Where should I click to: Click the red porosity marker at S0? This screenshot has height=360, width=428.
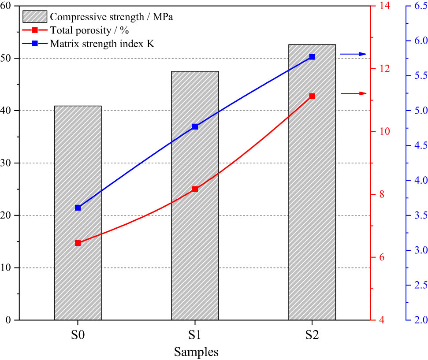pyautogui.click(x=78, y=243)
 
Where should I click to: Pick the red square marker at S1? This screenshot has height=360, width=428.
pyautogui.click(x=195, y=189)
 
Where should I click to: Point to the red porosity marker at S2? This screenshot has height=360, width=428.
pyautogui.click(x=312, y=96)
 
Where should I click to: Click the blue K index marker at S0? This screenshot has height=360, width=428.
pyautogui.click(x=78, y=208)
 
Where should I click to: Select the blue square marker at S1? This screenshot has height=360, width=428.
pyautogui.click(x=195, y=126)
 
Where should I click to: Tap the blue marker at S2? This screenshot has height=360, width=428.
pyautogui.click(x=312, y=57)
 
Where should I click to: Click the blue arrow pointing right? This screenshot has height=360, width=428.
pyautogui.click(x=353, y=54)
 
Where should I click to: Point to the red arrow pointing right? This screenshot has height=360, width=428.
pyautogui.click(x=354, y=93)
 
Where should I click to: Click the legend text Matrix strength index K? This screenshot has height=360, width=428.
pyautogui.click(x=102, y=44)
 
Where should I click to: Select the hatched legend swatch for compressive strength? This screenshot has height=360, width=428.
pyautogui.click(x=35, y=17)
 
